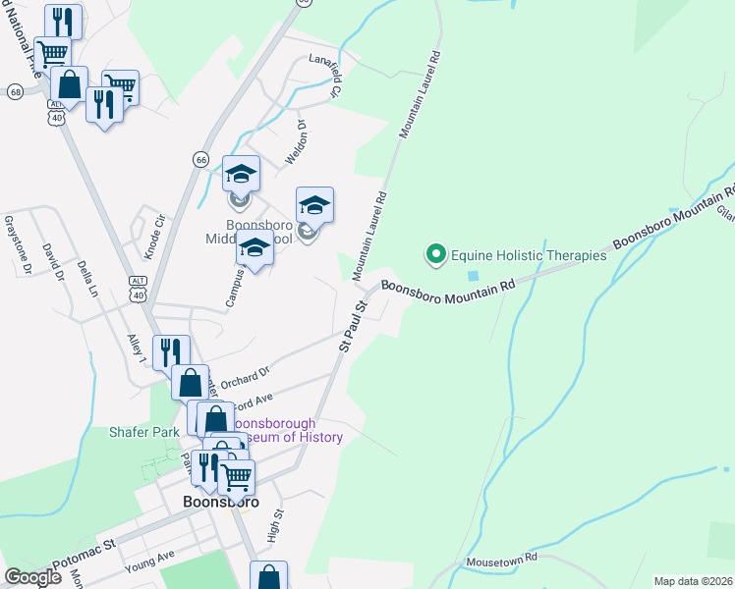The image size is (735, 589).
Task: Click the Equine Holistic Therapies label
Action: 529,255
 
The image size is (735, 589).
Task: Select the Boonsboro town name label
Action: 221,501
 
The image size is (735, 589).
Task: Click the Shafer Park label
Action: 144,431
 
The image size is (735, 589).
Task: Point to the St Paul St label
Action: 353,325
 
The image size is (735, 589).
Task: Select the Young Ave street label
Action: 148,561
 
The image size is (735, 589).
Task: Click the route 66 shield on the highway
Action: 200,159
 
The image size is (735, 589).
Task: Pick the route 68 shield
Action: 15,91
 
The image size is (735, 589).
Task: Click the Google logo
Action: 32,576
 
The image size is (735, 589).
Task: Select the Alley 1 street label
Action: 136,350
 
